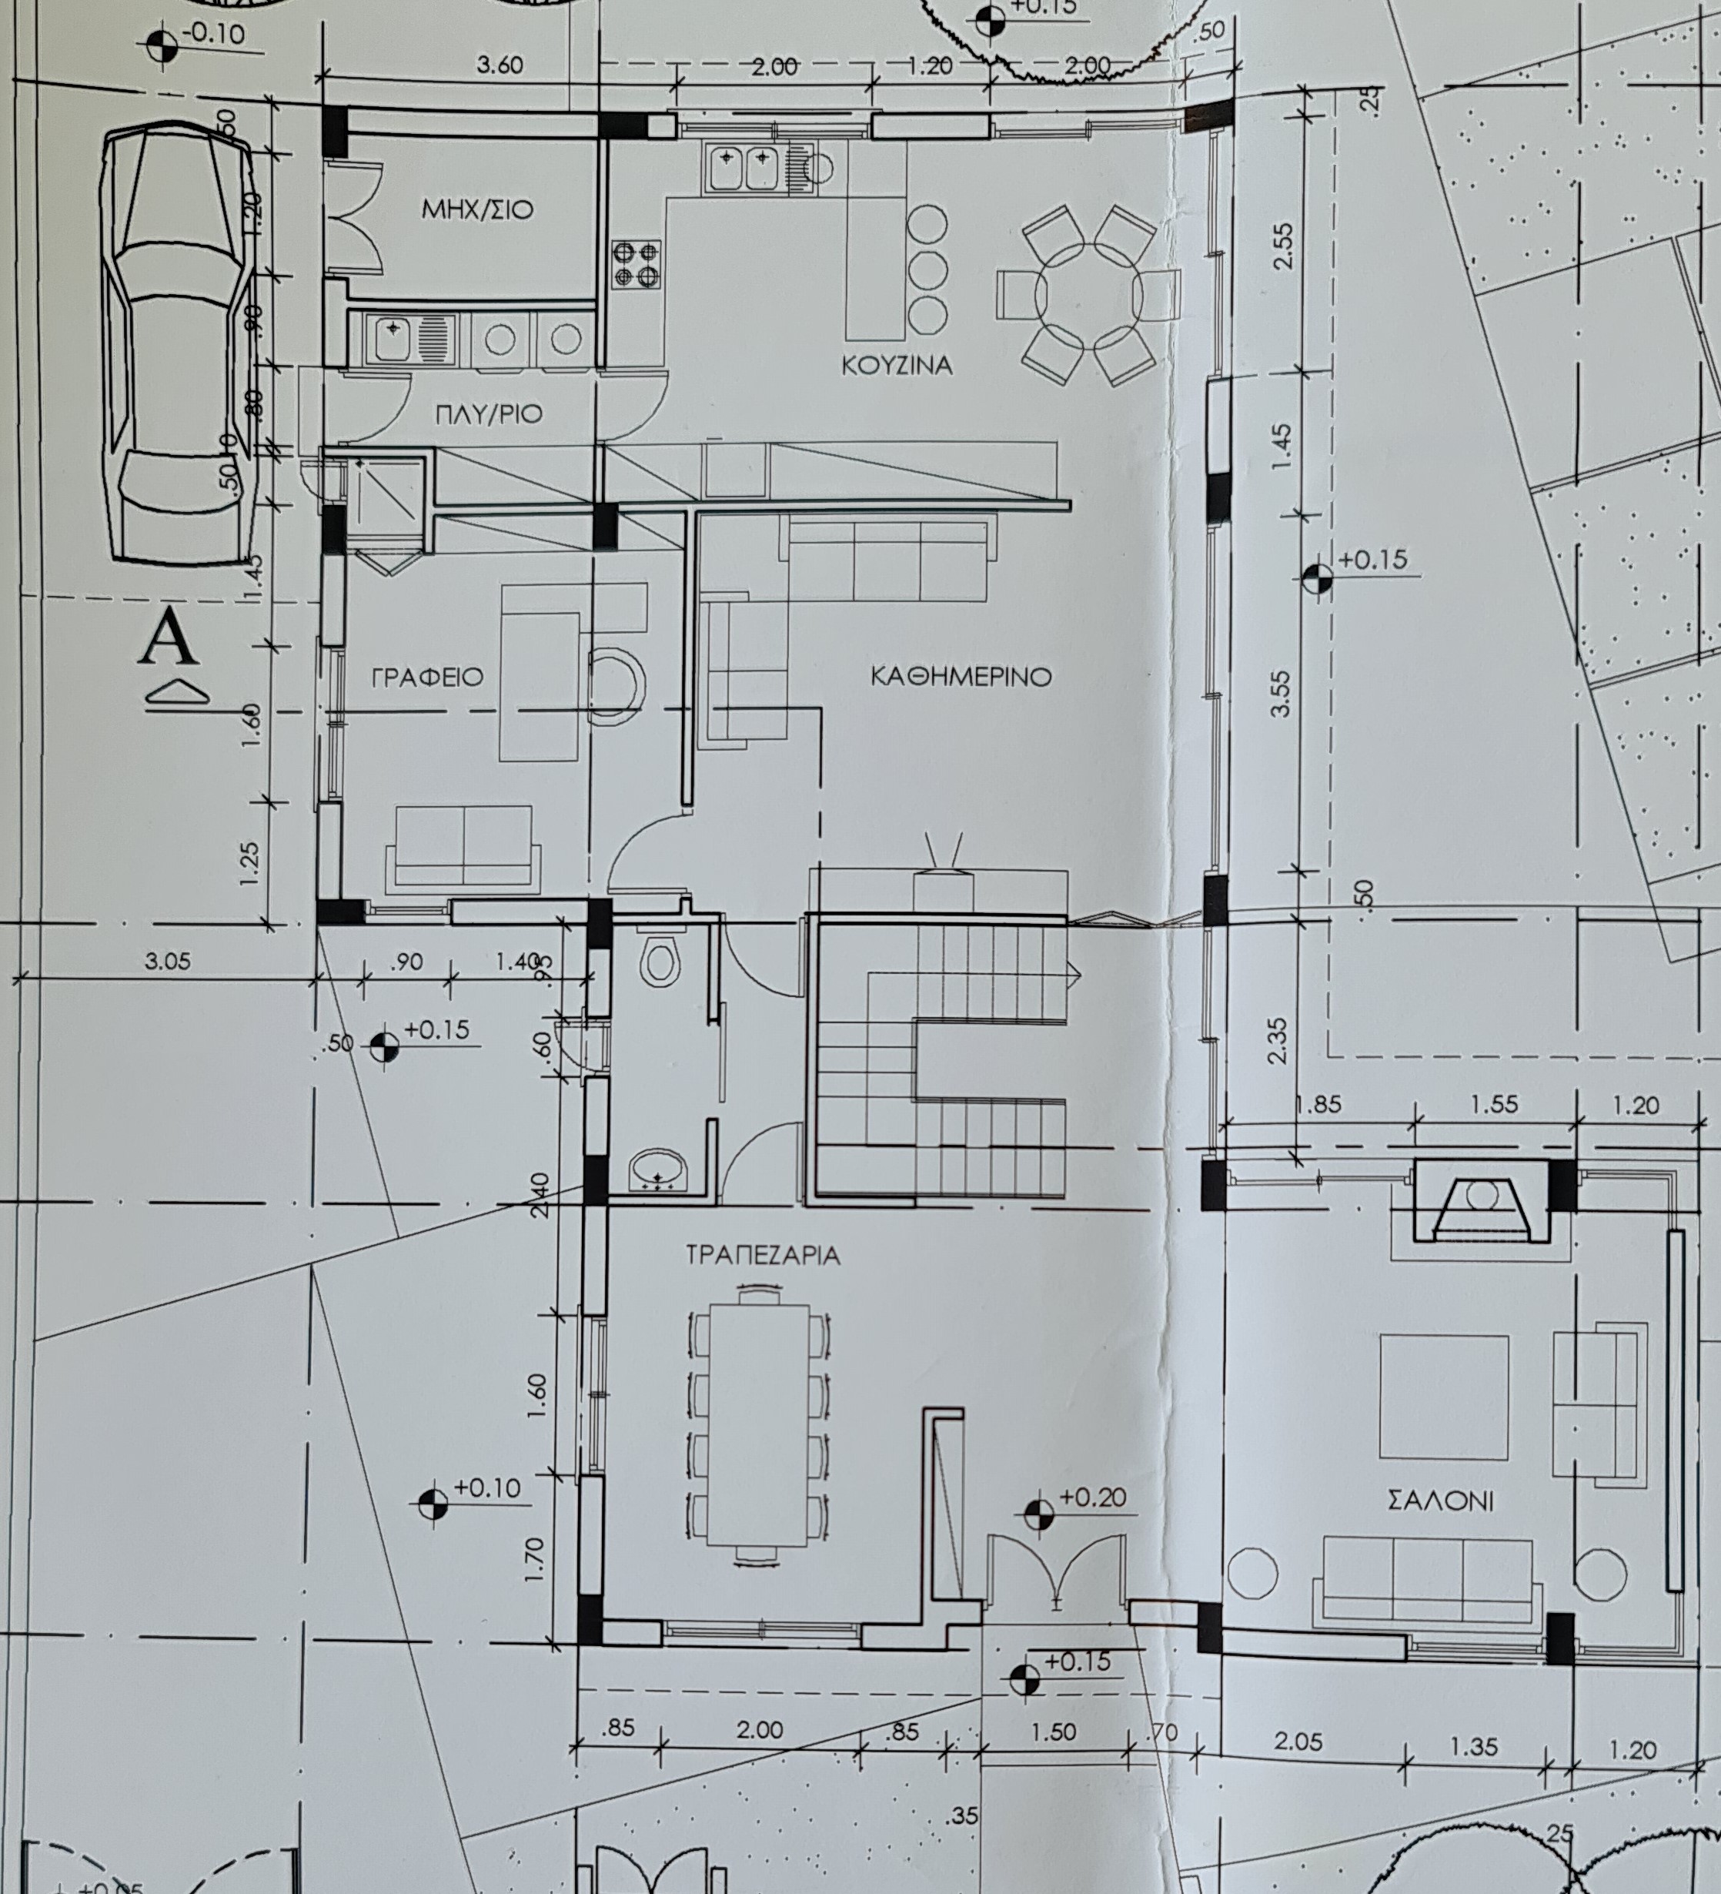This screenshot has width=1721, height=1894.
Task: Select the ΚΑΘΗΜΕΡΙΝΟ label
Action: (961, 677)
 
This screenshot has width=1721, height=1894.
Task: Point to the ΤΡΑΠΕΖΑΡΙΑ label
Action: (763, 1255)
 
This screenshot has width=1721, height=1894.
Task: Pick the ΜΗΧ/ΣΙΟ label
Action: (477, 209)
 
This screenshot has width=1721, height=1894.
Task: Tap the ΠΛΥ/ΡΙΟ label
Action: (489, 413)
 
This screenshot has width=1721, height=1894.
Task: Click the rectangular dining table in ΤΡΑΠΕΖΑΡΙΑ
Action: (759, 1429)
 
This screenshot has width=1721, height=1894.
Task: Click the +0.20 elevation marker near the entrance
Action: (1039, 1513)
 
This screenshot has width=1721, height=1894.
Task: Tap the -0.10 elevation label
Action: (213, 35)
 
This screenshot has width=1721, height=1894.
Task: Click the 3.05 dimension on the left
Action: (167, 961)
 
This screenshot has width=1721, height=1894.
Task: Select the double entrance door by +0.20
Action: (1056, 1568)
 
